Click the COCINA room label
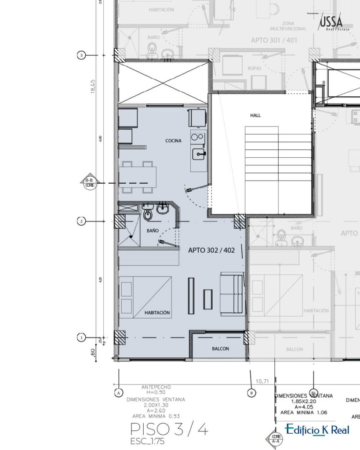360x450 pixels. click(173, 141)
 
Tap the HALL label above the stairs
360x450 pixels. click(255, 115)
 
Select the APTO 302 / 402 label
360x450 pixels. click(211, 250)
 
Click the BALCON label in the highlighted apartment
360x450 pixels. click(220, 349)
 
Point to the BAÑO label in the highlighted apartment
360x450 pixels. click(153, 230)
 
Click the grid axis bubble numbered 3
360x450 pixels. click(81, 55)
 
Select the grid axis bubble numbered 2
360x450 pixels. click(81, 221)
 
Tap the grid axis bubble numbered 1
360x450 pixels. click(81, 337)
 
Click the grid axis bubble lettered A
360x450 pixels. click(119, 392)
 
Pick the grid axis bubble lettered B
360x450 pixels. click(251, 392)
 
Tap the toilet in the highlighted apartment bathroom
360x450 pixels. click(148, 214)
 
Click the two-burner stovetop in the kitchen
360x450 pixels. click(197, 137)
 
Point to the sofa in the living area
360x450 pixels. click(232, 293)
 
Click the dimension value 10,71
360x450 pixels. click(262, 380)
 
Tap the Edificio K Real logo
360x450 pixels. click(317, 430)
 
